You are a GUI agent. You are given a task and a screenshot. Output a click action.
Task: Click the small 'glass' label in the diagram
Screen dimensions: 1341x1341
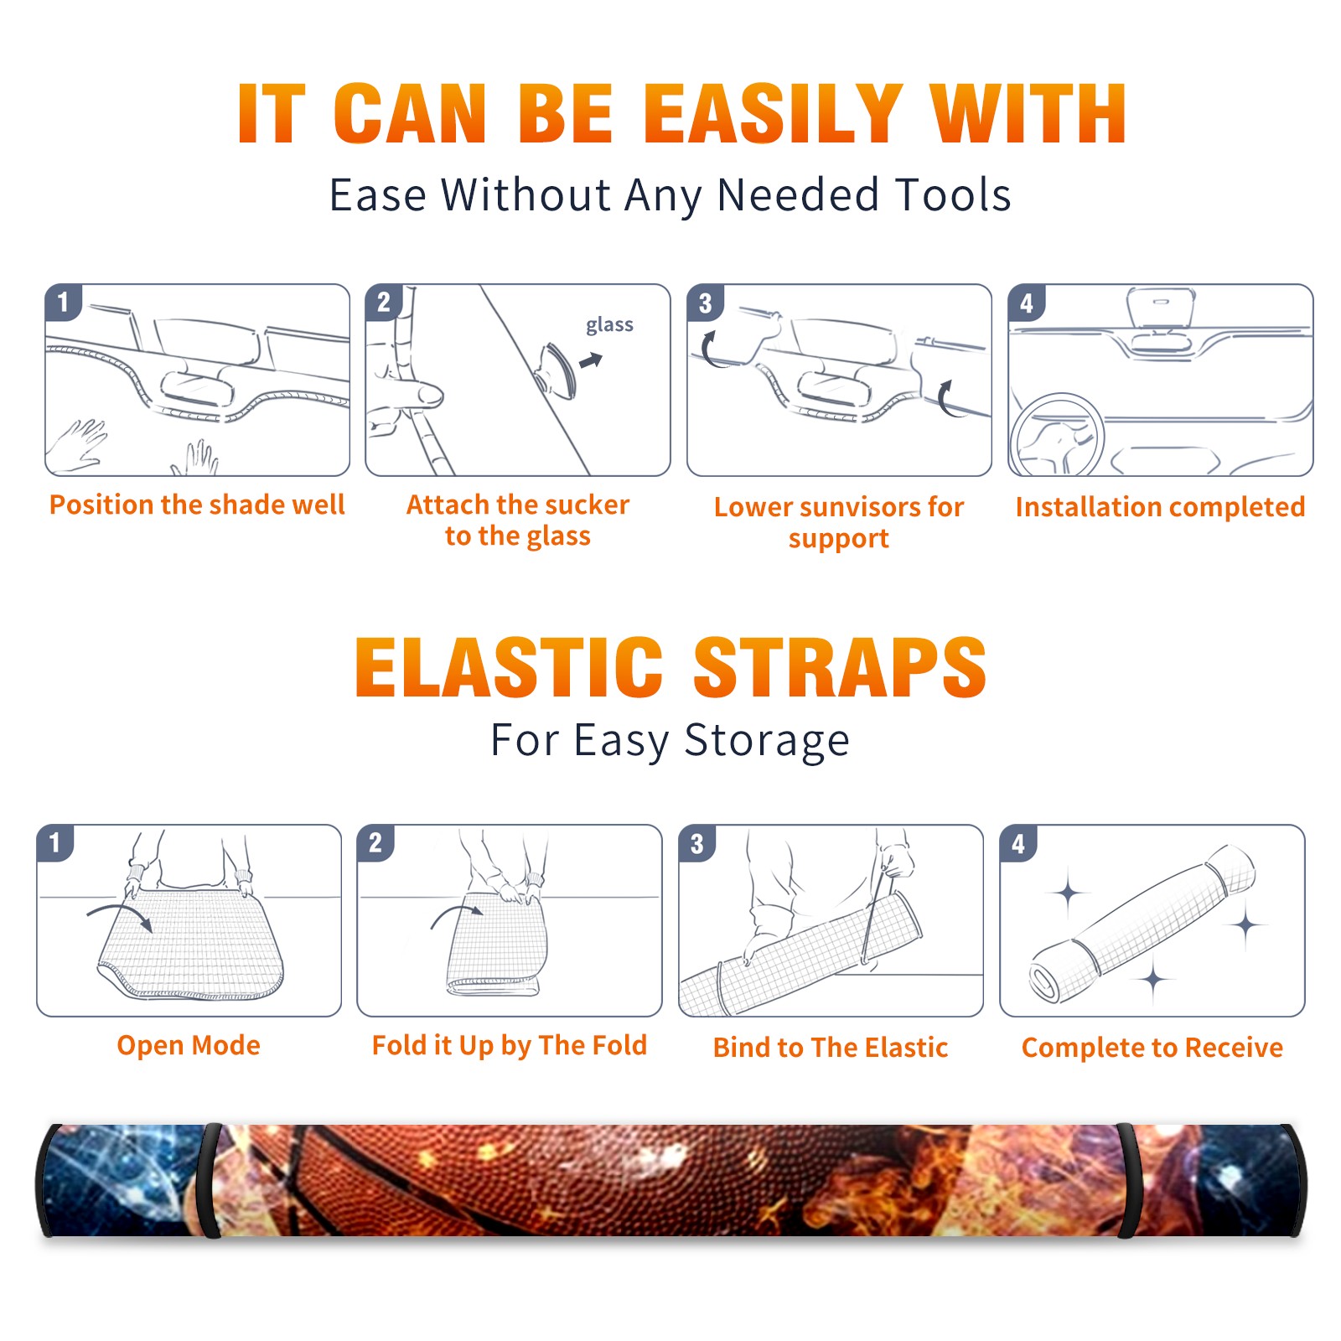pos(609,325)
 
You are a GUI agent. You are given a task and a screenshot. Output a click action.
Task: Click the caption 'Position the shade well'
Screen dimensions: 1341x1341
pos(197,505)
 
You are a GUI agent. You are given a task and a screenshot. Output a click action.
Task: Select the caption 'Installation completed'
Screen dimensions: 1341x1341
pos(1160,507)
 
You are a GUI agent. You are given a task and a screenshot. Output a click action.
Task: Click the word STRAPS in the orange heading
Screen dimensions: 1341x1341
pos(840,667)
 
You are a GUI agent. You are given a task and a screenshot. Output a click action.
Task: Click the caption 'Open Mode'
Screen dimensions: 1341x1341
pos(189,1046)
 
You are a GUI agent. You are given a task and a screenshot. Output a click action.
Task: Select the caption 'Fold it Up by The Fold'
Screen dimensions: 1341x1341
pos(510,1046)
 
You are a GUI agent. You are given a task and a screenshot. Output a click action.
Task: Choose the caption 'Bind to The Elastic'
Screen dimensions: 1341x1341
pos(831,1048)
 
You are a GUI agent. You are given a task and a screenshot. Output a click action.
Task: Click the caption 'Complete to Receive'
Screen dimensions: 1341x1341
pos(1152,1048)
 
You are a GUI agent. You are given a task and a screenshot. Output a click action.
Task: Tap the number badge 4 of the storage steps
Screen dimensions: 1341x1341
pos(1018,843)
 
